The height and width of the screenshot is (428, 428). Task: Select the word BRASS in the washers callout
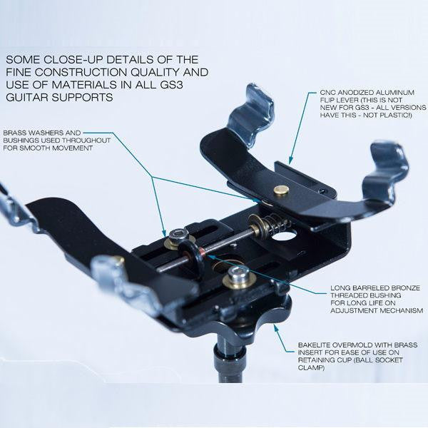tap(14, 133)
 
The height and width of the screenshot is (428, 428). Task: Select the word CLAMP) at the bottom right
tap(312, 368)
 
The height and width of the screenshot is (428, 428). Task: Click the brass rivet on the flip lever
tap(281, 190)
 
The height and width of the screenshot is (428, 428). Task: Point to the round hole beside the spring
tap(284, 235)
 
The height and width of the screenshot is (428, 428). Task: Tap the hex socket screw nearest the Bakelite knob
tap(238, 275)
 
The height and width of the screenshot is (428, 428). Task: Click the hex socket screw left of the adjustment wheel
tap(179, 236)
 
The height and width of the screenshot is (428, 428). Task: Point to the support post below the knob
tap(230, 360)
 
